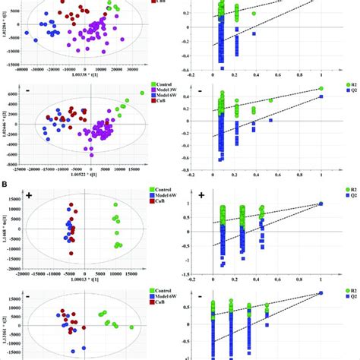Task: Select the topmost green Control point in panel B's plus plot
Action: coord(115,205)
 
